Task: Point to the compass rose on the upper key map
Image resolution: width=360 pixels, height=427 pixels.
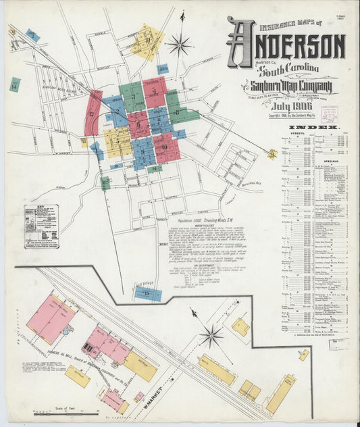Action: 180,45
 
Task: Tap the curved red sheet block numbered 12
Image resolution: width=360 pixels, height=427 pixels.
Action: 93,113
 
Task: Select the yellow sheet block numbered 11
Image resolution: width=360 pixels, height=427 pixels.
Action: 147,42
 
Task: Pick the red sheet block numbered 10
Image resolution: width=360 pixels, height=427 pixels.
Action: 165,145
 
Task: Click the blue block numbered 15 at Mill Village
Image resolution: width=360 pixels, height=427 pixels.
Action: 147,294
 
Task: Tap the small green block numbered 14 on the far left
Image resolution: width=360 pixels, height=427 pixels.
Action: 14,85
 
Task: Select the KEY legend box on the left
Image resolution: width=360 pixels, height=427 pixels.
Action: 41,226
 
